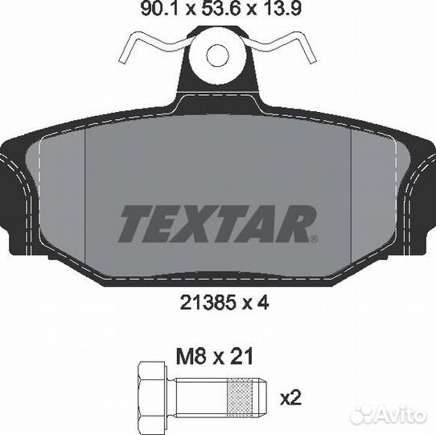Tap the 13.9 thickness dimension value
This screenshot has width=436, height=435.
pos(284,10)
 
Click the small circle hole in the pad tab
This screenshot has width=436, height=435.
pos(217,56)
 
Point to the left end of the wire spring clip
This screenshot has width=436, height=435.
pos(121,60)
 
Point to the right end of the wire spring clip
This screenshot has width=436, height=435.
pos(313,60)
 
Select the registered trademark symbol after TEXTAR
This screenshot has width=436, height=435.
pos(314,239)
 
